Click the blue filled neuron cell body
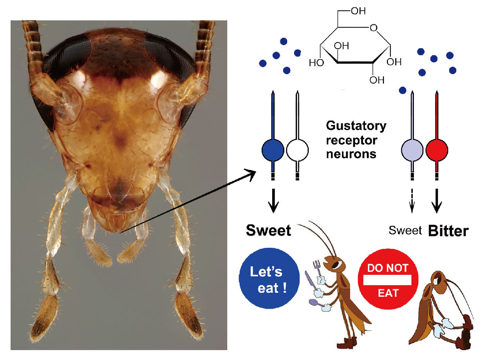point(273,150)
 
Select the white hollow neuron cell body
point(297,150)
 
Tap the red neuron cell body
point(437,150)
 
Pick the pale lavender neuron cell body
point(412,150)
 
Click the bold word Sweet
point(269,231)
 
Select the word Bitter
point(448,231)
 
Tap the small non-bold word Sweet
point(405,231)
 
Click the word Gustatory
point(356,126)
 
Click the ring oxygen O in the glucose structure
point(373,28)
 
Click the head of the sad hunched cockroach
point(438,280)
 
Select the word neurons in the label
point(351,154)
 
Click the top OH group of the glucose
point(358,11)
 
